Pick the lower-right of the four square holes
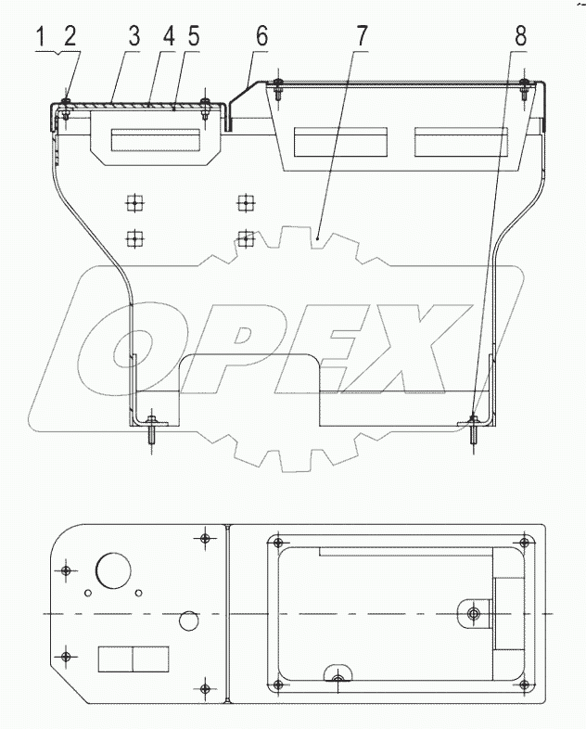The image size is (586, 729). click(245, 238)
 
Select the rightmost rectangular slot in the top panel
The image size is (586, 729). click(459, 142)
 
